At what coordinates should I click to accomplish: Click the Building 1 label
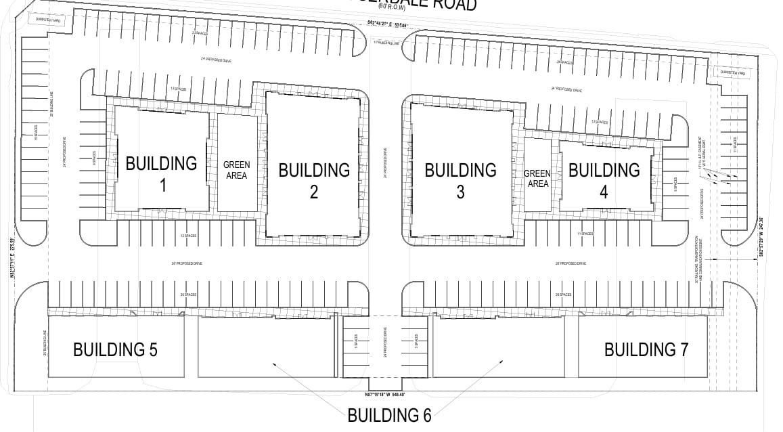(161, 173)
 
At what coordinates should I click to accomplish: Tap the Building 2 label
(314, 180)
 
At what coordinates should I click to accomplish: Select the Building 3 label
(460, 180)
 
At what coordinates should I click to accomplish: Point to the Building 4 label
(604, 180)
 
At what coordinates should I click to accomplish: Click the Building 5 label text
(115, 350)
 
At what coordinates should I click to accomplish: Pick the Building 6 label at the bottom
(389, 415)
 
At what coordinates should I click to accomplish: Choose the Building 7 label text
(646, 350)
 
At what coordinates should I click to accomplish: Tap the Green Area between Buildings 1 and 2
(236, 170)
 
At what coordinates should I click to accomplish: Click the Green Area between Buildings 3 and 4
(537, 179)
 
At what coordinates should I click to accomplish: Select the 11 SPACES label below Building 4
(584, 234)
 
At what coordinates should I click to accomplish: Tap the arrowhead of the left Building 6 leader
(273, 364)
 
